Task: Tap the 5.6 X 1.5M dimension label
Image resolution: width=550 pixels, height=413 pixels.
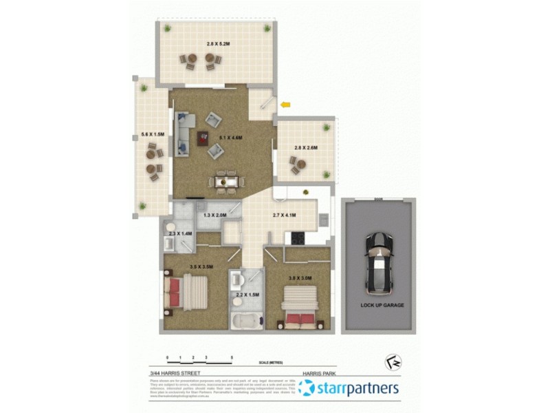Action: (152, 134)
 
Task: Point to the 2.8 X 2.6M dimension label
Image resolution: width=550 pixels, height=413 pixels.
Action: (305, 147)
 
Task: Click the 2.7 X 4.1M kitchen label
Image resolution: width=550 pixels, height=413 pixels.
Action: (284, 215)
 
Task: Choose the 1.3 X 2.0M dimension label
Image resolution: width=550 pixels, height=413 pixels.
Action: (215, 215)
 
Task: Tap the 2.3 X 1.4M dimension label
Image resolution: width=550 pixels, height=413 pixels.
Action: (179, 234)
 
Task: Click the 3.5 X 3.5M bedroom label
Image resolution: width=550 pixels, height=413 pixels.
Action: (201, 266)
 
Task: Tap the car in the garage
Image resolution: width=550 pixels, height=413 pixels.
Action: (379, 261)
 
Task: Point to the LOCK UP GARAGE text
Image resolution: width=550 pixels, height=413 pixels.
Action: (382, 305)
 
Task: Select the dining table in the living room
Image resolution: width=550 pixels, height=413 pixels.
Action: (226, 182)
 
